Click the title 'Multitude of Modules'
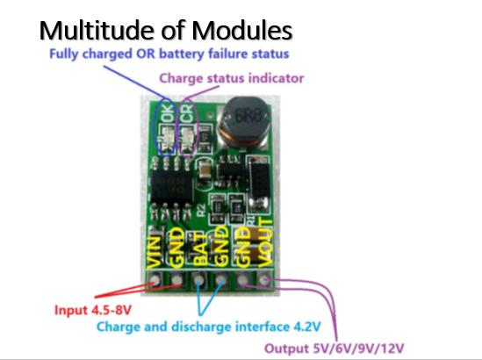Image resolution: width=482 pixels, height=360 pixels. point(166,30)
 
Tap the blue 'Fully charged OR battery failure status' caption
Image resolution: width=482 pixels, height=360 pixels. point(169,54)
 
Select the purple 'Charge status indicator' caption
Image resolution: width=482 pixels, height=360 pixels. point(232,78)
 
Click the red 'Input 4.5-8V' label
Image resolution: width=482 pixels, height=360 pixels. point(93,310)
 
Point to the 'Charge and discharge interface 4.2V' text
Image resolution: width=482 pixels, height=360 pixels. point(209,326)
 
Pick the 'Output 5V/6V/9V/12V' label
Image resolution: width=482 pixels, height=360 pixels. point(335,349)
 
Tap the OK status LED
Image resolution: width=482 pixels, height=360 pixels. point(168,138)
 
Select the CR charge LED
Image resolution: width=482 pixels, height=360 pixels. point(187,138)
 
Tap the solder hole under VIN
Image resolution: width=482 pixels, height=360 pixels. point(155,280)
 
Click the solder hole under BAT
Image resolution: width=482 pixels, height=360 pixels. point(199,280)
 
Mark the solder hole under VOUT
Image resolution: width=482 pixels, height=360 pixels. point(264,280)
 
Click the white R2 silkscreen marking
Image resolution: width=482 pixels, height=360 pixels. point(201,210)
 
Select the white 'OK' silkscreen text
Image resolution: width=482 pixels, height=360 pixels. point(169,112)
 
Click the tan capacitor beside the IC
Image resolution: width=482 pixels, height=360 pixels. point(204,170)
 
